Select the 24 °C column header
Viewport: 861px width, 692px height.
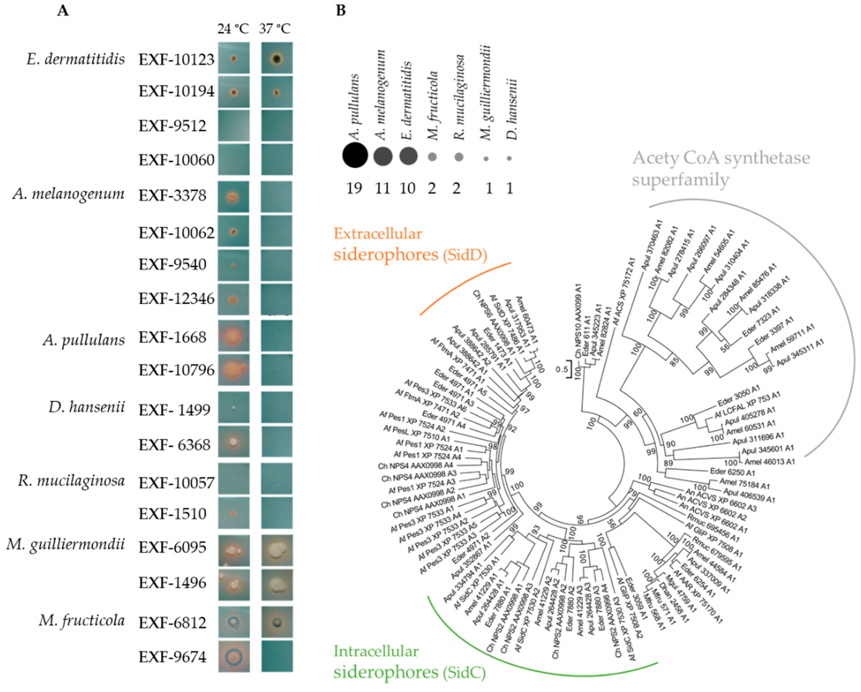[233, 29]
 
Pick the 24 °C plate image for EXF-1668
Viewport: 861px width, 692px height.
[234, 336]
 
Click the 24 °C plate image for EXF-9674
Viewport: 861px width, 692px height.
[234, 656]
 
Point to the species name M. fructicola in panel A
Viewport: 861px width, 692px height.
[82, 620]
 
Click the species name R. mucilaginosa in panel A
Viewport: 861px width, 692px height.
[71, 481]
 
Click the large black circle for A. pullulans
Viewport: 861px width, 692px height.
[355, 156]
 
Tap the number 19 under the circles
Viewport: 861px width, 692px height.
[354, 188]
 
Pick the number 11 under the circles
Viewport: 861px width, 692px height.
[382, 188]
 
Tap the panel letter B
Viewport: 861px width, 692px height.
[341, 10]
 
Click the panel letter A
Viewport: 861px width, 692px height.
[63, 10]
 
